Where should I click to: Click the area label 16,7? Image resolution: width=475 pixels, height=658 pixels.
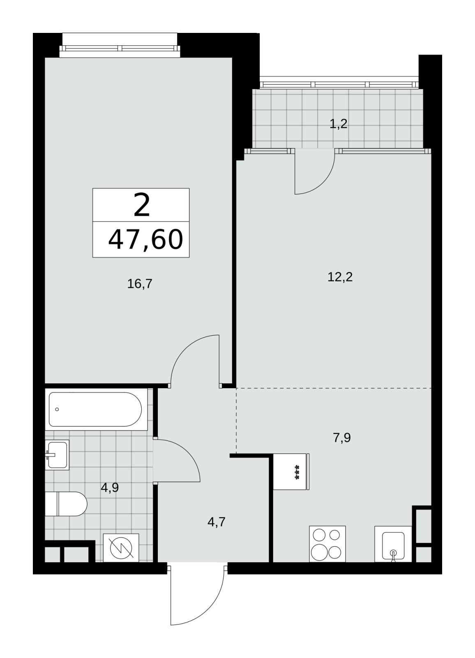click(140, 284)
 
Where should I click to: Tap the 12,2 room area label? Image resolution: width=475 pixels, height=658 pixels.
click(340, 277)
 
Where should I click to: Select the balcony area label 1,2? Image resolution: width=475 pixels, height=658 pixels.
click(339, 124)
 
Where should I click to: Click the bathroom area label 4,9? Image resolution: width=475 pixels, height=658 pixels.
click(109, 488)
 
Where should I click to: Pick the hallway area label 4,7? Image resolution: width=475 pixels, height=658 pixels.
click(217, 522)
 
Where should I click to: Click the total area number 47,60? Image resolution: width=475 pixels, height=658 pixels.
click(146, 240)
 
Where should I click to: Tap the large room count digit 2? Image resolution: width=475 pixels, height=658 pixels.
click(142, 205)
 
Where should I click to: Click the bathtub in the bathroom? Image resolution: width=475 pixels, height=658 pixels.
click(96, 409)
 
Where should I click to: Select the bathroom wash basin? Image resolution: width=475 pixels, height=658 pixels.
click(57, 455)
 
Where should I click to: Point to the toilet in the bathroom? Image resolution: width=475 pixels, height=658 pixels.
click(66, 504)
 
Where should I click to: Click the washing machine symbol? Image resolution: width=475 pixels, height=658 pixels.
click(121, 548)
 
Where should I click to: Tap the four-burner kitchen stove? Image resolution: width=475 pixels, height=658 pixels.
click(327, 544)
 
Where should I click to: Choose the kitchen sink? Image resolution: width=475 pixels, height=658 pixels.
click(393, 544)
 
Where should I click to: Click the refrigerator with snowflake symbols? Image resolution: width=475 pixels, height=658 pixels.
click(291, 471)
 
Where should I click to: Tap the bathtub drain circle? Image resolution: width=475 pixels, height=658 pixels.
click(57, 409)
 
